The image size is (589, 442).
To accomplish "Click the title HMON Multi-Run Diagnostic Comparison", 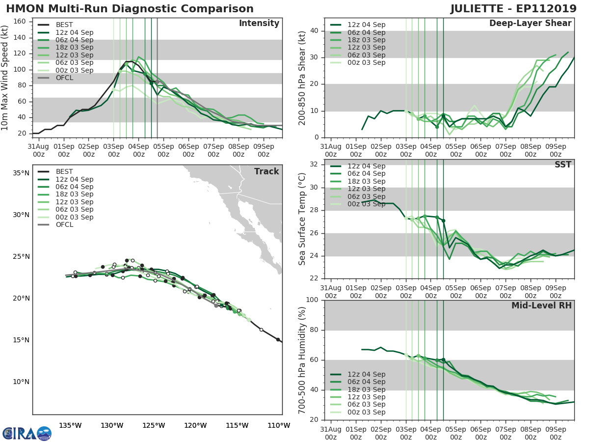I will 130,9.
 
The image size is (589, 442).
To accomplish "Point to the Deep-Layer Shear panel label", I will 530,24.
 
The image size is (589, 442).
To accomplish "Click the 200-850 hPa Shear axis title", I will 302,78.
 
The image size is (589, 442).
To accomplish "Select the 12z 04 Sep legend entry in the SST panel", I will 366,166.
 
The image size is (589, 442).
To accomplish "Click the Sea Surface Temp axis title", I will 302,219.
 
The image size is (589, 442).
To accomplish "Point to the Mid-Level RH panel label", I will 541,306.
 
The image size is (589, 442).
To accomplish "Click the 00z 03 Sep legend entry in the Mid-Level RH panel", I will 366,412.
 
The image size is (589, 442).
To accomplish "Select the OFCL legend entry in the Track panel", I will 64,224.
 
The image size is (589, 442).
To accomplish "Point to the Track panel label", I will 266,171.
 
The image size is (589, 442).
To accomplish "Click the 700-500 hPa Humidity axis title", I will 302,359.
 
